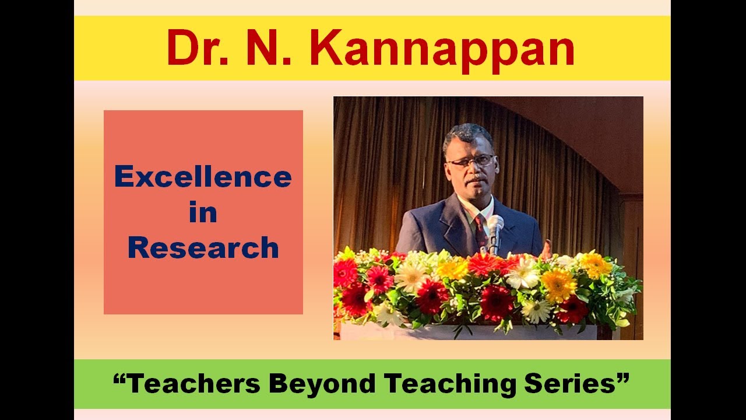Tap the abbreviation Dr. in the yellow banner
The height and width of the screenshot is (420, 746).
coord(198,48)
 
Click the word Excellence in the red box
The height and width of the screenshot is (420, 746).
coord(203,176)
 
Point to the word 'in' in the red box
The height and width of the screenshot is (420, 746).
coord(203,212)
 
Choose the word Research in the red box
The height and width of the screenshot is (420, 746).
coord(203,247)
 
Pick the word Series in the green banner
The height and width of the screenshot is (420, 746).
coord(569,383)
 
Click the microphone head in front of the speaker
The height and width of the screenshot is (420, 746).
coord(495,223)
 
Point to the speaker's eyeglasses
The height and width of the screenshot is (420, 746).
coord(470,160)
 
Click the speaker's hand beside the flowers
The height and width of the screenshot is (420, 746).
coord(546,249)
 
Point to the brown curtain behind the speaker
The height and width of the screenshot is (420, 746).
coord(385,175)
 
